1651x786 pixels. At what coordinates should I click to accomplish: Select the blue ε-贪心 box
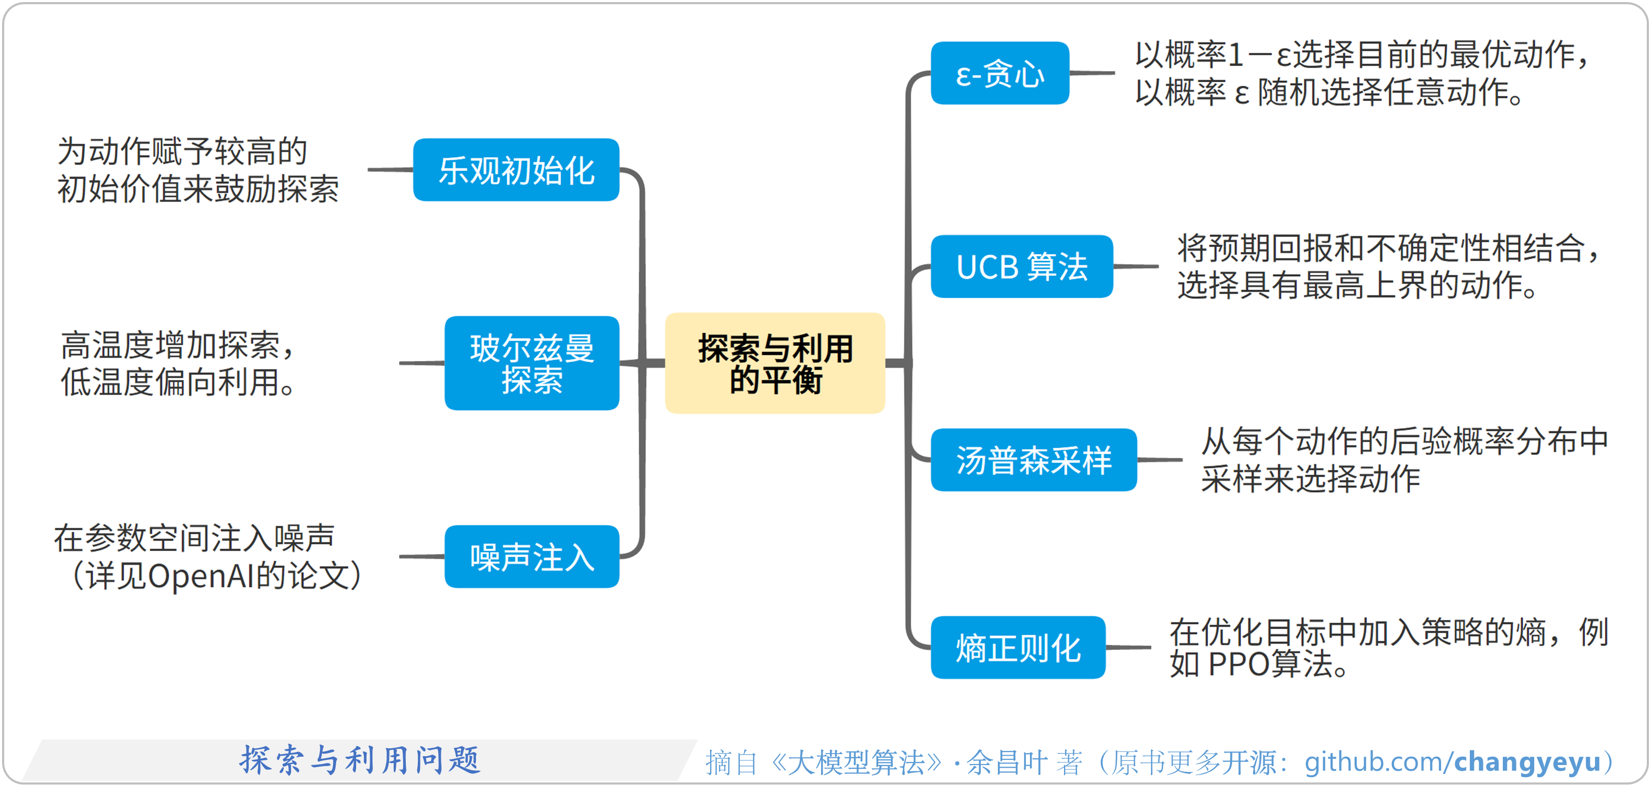(x=999, y=73)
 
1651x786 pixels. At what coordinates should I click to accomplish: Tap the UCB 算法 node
(x=1021, y=266)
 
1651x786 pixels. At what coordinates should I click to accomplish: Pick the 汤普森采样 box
(x=1033, y=460)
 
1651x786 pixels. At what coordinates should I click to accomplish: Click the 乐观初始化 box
(x=516, y=170)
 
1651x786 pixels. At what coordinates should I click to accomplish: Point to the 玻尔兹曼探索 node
(x=531, y=363)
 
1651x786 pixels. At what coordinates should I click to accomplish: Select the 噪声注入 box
(x=531, y=557)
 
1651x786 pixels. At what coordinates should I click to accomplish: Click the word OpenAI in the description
(x=201, y=576)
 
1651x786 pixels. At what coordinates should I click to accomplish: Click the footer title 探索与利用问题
(x=360, y=760)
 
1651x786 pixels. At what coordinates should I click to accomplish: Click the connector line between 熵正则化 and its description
(x=1128, y=648)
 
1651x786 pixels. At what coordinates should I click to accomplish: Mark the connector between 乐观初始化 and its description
(x=390, y=170)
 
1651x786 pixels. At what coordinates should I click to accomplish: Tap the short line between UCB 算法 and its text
(x=1136, y=266)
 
